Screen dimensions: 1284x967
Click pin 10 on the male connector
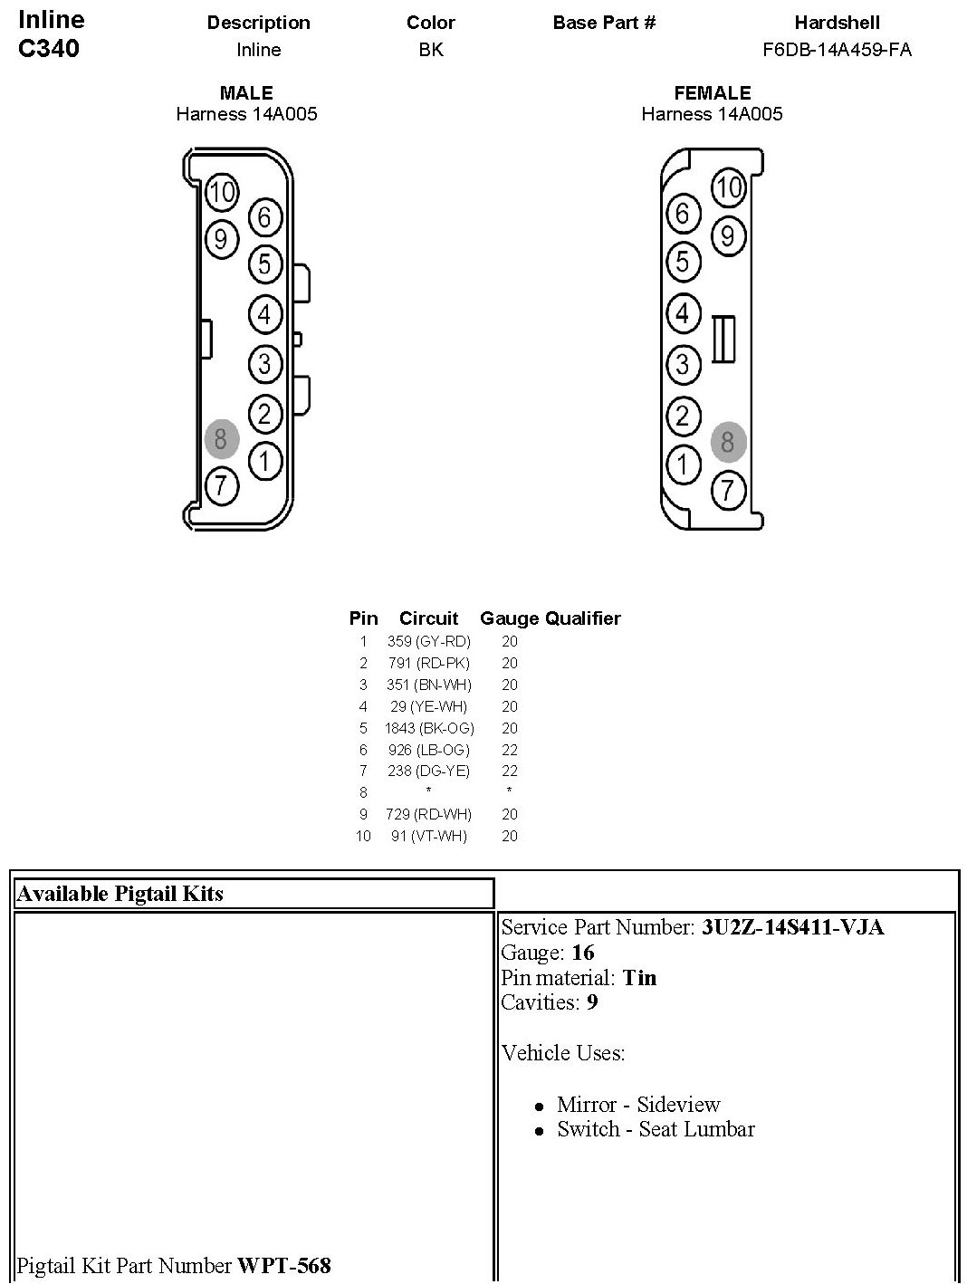(x=221, y=191)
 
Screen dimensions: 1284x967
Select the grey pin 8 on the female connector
(x=728, y=443)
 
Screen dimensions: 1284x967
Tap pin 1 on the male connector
(x=264, y=461)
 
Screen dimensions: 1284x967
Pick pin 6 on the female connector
(x=683, y=214)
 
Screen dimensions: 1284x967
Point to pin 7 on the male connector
(x=221, y=486)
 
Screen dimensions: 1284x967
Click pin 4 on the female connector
(x=683, y=313)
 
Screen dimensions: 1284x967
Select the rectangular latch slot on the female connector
(x=723, y=340)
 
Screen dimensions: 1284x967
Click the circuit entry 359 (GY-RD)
(x=428, y=641)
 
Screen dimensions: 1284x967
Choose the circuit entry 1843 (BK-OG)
(x=428, y=728)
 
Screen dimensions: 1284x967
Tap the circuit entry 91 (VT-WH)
(x=428, y=836)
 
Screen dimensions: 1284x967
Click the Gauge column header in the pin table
(x=510, y=618)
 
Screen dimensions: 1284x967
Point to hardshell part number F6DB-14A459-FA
(x=837, y=50)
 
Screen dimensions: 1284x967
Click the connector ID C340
(x=49, y=49)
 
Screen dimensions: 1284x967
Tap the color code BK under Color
(x=431, y=50)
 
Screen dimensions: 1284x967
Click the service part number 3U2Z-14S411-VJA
(x=792, y=927)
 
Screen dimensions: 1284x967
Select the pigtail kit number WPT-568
(x=283, y=1265)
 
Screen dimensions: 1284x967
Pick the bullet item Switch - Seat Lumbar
(x=656, y=1129)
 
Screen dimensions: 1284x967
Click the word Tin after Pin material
(x=639, y=978)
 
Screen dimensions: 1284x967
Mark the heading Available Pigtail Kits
(x=120, y=894)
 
